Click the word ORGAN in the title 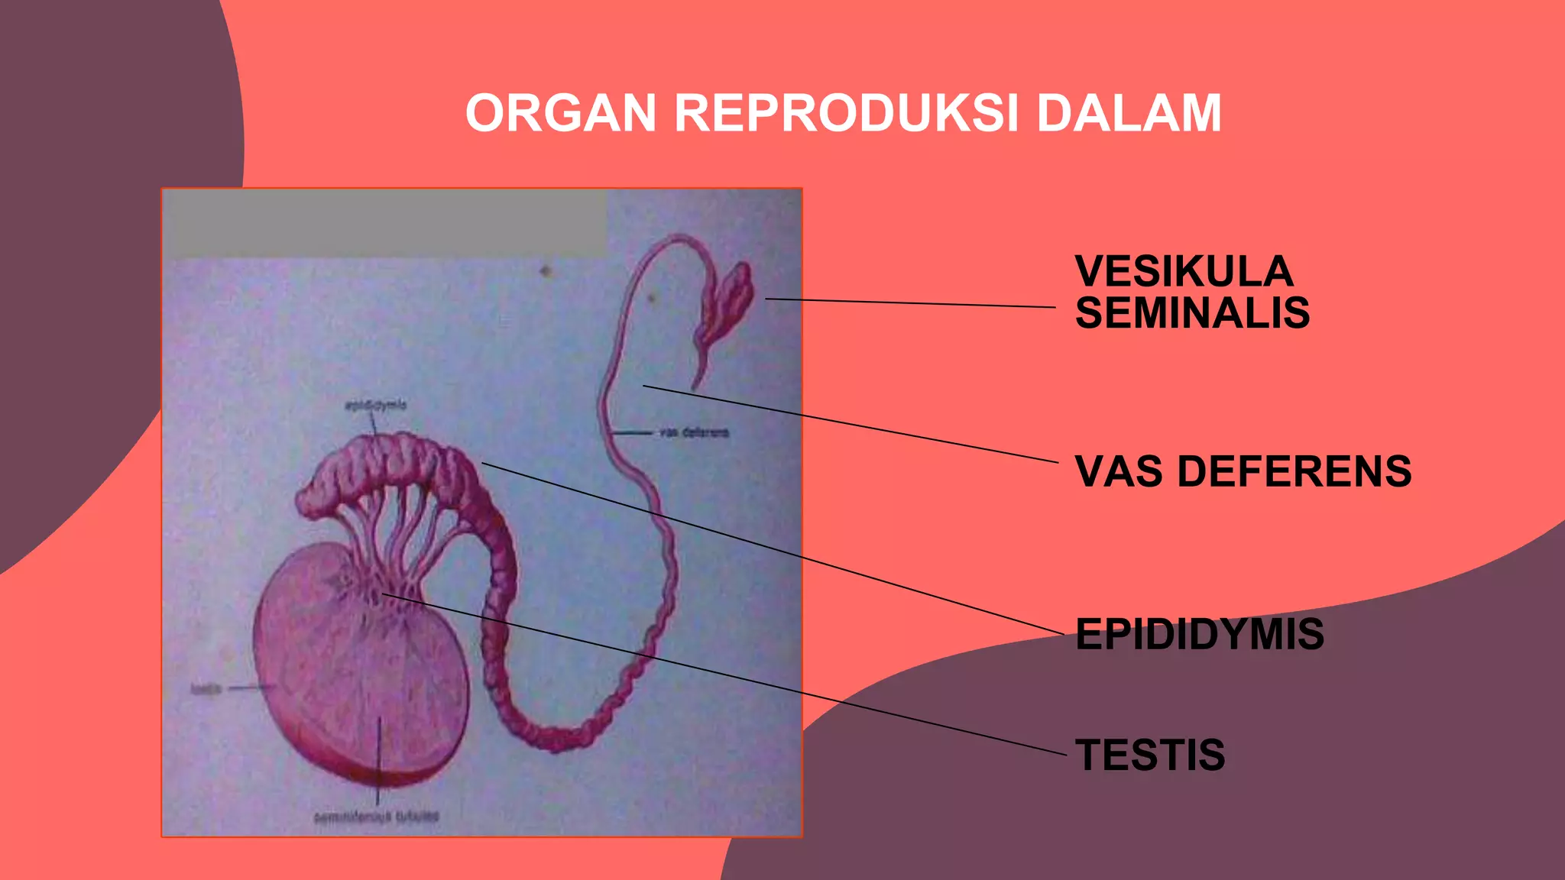[x=561, y=113]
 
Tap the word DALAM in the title [x=1129, y=113]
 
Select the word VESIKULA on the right [x=1184, y=272]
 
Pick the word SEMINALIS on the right [x=1192, y=313]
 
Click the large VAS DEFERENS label [x=1243, y=471]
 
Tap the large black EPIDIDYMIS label [x=1199, y=634]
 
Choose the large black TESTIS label [x=1150, y=755]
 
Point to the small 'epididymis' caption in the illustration [x=375, y=405]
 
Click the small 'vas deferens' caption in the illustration [x=694, y=432]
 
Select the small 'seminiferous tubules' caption [x=377, y=817]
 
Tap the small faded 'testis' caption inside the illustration [x=206, y=689]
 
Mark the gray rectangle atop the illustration [x=386, y=223]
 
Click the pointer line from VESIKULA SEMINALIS [x=909, y=303]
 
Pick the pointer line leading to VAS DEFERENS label [x=848, y=424]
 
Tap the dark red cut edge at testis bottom [x=382, y=777]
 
